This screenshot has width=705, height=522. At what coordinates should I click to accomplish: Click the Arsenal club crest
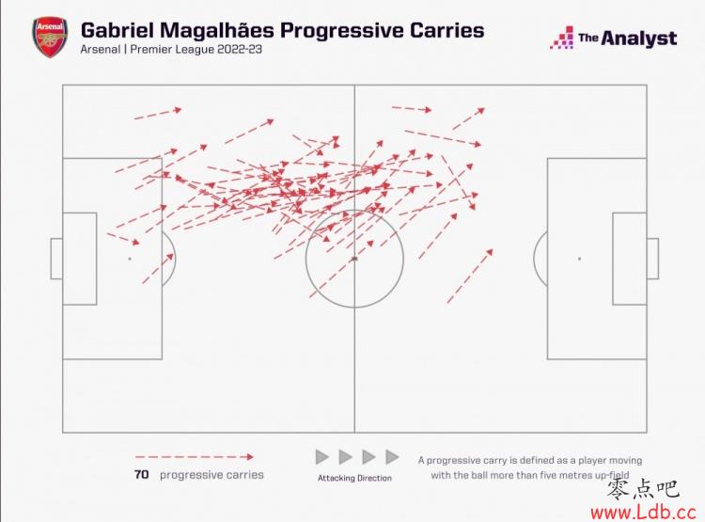50,38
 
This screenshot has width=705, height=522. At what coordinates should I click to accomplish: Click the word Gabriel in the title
117,31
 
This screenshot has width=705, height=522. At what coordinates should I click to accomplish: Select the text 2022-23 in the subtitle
239,49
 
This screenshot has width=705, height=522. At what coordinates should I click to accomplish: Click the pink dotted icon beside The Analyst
562,38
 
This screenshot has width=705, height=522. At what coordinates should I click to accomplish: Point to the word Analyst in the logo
639,39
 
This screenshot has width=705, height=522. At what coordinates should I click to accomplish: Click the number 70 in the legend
141,475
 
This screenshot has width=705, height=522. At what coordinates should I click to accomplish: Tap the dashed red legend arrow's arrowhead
250,457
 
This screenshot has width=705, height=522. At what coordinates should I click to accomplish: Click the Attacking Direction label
354,478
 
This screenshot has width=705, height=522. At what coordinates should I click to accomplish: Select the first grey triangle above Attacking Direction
321,457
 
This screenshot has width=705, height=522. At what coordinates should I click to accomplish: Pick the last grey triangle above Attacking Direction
392,457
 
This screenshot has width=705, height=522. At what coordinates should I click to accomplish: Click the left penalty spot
130,259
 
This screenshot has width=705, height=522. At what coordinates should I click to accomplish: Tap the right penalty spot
580,259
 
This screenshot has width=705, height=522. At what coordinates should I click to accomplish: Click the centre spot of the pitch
354,259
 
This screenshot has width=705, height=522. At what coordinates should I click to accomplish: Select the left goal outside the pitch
56,259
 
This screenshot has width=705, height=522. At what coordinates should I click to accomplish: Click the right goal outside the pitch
653,259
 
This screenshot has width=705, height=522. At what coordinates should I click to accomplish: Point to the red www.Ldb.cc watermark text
643,512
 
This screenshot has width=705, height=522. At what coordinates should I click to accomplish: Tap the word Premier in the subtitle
150,49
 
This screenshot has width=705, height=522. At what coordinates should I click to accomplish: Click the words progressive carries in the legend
211,475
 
